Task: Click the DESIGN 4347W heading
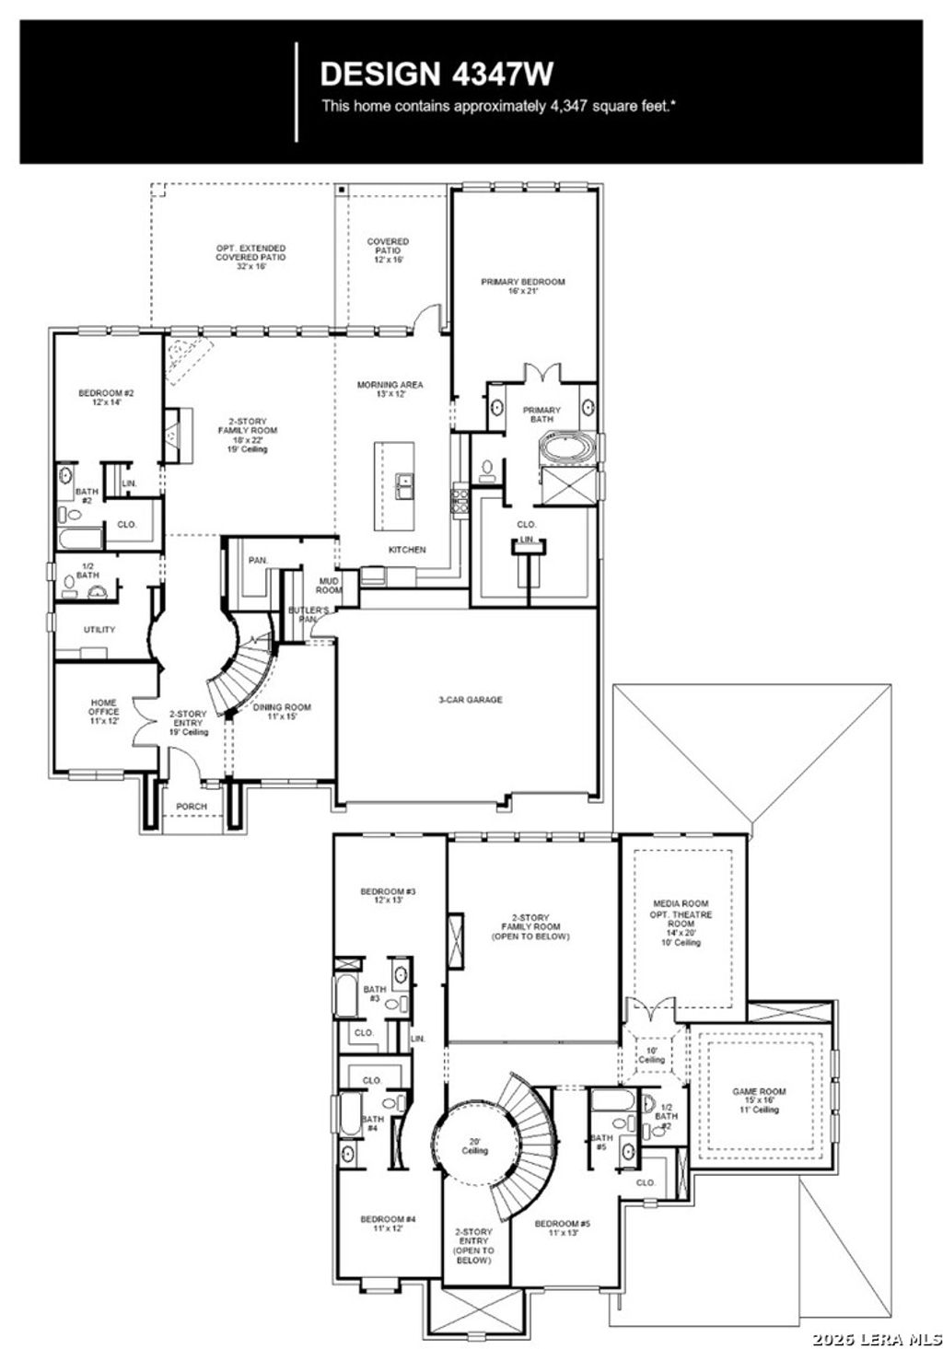click(x=437, y=73)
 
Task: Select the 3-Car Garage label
click(x=470, y=700)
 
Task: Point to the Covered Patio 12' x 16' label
click(x=388, y=250)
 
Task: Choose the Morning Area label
click(x=390, y=390)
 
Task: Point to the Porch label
click(x=192, y=807)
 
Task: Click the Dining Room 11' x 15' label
click(x=282, y=712)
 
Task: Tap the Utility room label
click(x=99, y=630)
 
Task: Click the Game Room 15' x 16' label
click(x=759, y=1099)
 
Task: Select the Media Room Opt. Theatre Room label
click(x=681, y=923)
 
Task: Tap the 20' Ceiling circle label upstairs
click(x=475, y=1146)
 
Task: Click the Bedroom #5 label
click(x=563, y=1228)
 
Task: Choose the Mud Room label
click(x=329, y=586)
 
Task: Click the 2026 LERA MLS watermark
click(x=875, y=1332)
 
